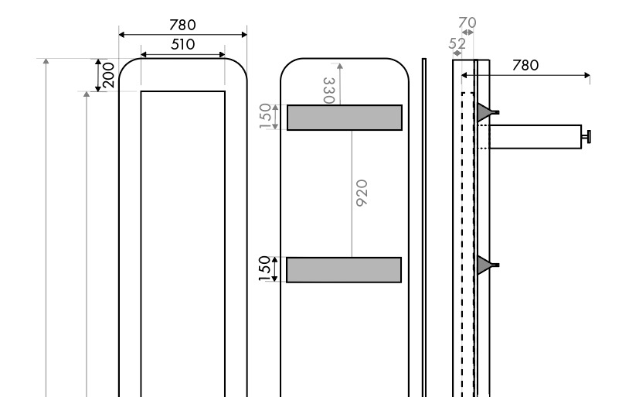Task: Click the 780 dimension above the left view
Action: click(182, 25)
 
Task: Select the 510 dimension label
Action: click(182, 44)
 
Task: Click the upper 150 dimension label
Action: click(265, 117)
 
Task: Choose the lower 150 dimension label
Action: click(265, 269)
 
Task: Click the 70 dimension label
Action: click(467, 24)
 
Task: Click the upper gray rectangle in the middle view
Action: click(345, 118)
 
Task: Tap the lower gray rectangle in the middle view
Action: click(344, 269)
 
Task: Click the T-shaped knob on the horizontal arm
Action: click(587, 137)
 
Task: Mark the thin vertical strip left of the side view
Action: click(424, 224)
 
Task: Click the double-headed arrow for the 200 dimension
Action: click(98, 75)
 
